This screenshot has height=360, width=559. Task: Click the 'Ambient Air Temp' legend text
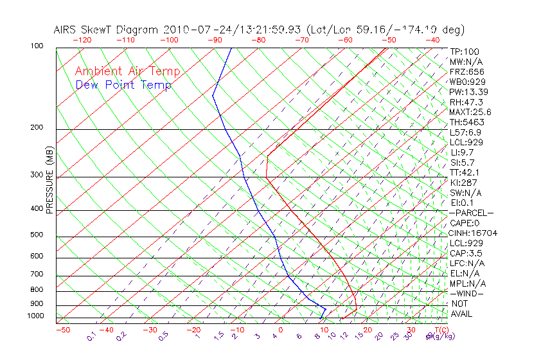(x=127, y=71)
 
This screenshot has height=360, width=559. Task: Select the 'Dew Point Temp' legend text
(x=123, y=85)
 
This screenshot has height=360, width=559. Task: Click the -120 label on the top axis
(x=82, y=39)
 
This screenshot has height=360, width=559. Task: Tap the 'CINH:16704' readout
(x=473, y=233)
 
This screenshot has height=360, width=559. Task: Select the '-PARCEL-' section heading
(x=471, y=213)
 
